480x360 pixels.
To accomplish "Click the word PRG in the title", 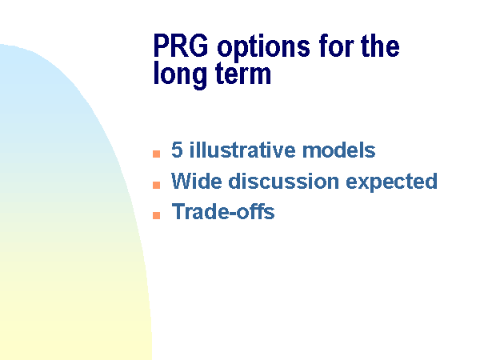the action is (x=181, y=46).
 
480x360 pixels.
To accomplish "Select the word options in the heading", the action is (x=263, y=48).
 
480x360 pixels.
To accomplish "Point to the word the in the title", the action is (x=380, y=46).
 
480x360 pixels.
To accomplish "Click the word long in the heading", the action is (x=181, y=74).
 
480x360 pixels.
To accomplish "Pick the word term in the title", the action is (x=243, y=74).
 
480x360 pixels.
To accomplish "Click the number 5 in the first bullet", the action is (x=178, y=150).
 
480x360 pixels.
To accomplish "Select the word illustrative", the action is (x=242, y=150).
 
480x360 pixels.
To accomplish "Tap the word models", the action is (x=338, y=150).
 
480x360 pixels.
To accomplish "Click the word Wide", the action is (x=197, y=181).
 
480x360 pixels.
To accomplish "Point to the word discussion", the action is (x=284, y=181).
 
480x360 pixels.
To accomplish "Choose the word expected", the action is (x=391, y=182).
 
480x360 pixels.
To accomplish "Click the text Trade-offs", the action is (x=223, y=211).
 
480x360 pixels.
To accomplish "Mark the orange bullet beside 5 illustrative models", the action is (x=157, y=154).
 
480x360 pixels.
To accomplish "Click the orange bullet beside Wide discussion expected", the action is (x=157, y=185).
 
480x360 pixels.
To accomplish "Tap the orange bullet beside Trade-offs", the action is (x=157, y=215).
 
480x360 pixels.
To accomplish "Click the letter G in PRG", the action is (x=198, y=46).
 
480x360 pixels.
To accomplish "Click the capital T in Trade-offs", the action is (x=178, y=211).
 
